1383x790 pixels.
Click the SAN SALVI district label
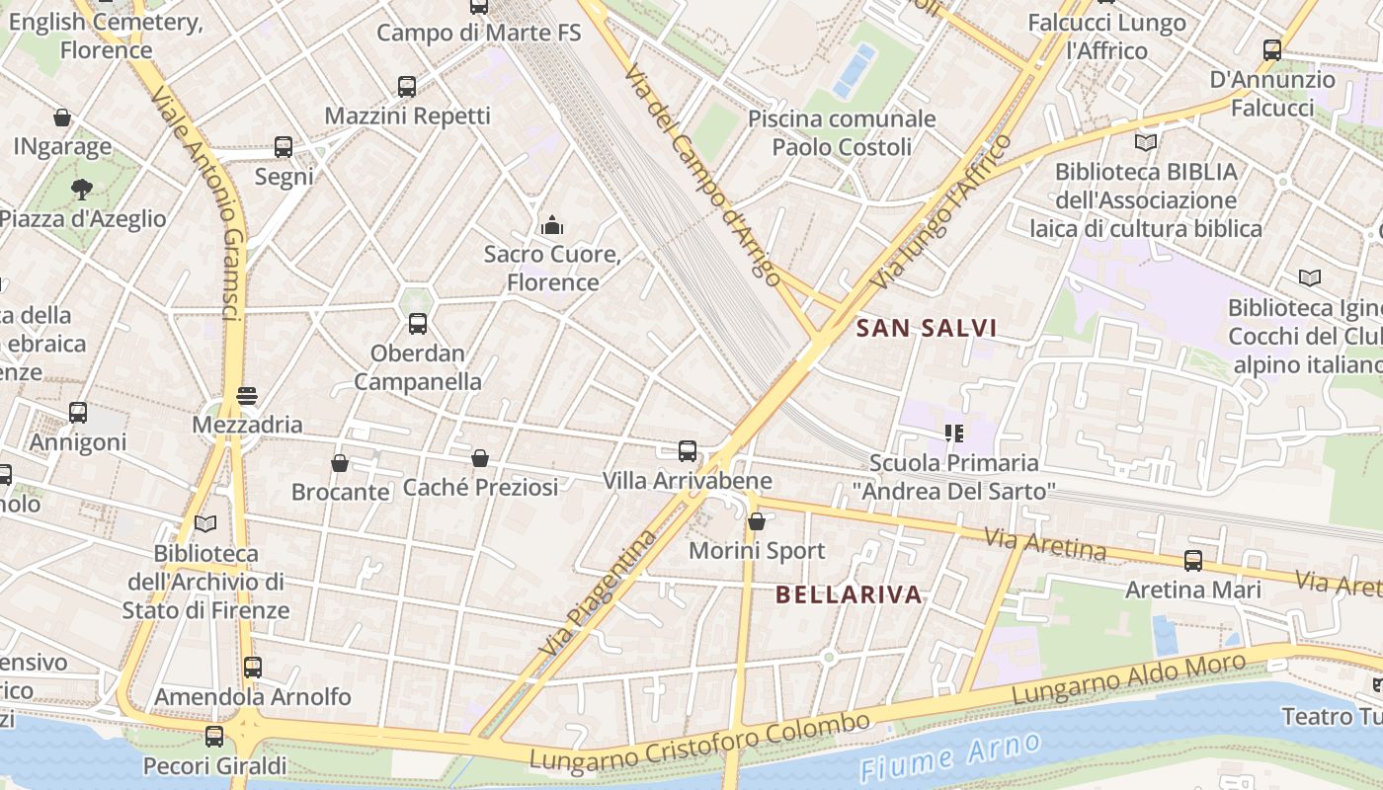pos(926,328)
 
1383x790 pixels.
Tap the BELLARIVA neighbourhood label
pos(849,594)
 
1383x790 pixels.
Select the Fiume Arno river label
pos(949,757)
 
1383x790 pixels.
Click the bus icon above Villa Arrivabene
pos(688,451)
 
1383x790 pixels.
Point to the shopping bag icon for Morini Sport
pos(757,521)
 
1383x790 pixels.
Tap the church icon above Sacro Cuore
pos(552,225)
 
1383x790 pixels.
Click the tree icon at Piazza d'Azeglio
pos(82,189)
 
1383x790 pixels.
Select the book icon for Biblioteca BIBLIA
pos(1146,143)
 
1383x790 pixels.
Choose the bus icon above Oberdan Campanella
pos(418,323)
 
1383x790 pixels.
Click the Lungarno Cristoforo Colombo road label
pos(699,742)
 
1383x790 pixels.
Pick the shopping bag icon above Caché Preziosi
pos(480,458)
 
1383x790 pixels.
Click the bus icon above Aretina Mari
pos(1193,561)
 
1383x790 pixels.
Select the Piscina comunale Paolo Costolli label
pos(842,133)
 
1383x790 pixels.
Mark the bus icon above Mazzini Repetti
pos(407,86)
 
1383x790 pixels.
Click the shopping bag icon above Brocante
pos(340,462)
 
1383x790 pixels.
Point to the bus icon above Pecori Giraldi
pos(214,736)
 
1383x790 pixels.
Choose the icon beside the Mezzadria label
pos(247,396)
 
